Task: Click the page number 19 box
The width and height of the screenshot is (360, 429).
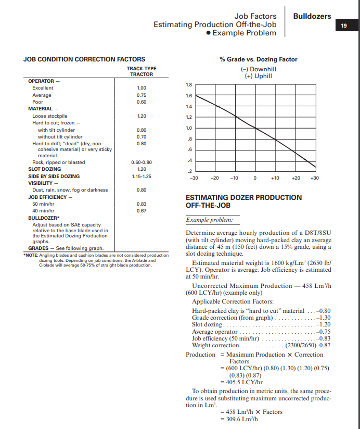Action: coord(344,26)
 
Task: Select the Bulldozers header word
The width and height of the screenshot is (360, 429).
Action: coord(312,16)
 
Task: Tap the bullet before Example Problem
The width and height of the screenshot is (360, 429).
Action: coord(208,33)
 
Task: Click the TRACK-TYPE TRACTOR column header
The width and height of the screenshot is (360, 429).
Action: coord(141,71)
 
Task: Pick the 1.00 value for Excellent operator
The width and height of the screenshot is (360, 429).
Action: coord(141,88)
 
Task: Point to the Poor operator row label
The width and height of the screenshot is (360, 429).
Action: coord(38,102)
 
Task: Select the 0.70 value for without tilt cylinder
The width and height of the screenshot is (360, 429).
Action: coord(141,136)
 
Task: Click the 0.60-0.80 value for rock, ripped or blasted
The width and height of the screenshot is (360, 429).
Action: coord(141,162)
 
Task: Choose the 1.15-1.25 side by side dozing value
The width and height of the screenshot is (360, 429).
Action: coord(141,176)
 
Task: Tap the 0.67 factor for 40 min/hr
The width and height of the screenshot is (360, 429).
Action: coord(141,211)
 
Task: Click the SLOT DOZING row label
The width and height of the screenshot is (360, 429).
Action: coord(44,169)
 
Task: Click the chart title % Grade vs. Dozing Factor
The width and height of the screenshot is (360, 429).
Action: coord(258,59)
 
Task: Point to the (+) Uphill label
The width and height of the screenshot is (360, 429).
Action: coord(258,76)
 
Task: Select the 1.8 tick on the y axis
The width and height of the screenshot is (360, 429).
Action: coord(189,85)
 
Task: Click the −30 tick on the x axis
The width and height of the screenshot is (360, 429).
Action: coord(195,178)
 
